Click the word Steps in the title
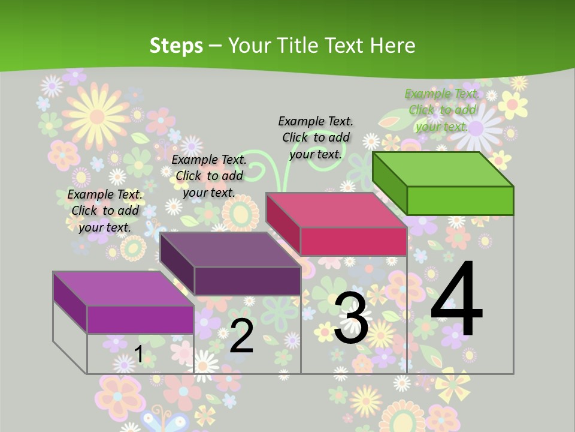click(x=176, y=46)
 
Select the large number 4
click(x=457, y=299)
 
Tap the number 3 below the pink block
click(x=351, y=318)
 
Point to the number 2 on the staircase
click(x=241, y=336)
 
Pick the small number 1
click(x=138, y=355)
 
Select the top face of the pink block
click(x=336, y=210)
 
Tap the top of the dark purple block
click(x=230, y=250)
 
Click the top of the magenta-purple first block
click(x=123, y=289)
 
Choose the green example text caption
click(x=442, y=110)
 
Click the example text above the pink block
click(x=316, y=137)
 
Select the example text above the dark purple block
click(x=209, y=176)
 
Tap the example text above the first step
click(x=105, y=211)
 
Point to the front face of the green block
click(x=460, y=200)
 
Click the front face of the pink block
click(x=353, y=241)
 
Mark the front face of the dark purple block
click(x=247, y=281)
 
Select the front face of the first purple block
click(x=140, y=320)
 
